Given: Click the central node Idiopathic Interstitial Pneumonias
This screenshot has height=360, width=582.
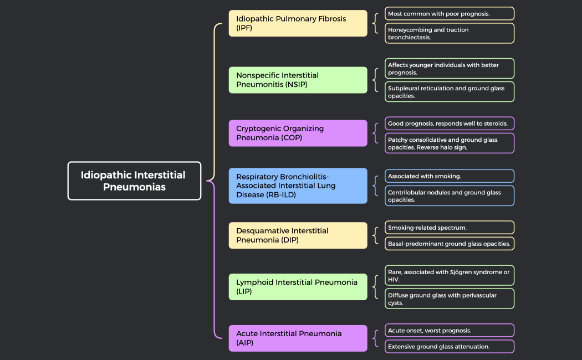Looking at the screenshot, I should [x=134, y=181].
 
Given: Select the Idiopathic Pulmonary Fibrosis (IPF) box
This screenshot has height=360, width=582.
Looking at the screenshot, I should [x=298, y=23].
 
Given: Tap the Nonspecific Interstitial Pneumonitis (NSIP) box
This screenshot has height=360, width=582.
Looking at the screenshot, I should [x=298, y=80].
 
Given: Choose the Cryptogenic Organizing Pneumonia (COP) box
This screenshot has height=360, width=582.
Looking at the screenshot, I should [x=298, y=133].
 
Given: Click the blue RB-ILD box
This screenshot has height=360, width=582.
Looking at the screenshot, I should [x=298, y=186].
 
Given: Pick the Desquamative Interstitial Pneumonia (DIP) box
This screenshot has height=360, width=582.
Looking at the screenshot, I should [x=298, y=235].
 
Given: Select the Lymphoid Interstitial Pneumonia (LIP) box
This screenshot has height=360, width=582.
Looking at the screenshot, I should [x=298, y=287].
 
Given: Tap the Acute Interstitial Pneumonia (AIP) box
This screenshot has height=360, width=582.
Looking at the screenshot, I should [x=298, y=338].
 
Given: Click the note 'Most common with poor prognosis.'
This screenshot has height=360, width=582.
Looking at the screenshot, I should [x=450, y=13].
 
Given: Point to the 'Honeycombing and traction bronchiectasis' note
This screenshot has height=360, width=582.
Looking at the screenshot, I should [x=450, y=33].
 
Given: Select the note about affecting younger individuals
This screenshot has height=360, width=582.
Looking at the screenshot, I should [x=450, y=69].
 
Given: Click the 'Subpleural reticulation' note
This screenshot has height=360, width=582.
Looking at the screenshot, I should [x=450, y=92].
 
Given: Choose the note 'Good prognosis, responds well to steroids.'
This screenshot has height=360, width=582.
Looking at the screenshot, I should [x=450, y=123].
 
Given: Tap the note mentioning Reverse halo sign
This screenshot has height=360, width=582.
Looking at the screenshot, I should [x=450, y=143].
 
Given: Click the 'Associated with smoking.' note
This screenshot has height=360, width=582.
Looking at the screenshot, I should [x=450, y=176].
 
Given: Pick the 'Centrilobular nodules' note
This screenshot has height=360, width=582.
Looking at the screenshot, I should [x=450, y=196].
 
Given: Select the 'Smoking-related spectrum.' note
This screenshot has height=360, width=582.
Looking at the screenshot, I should [x=450, y=228].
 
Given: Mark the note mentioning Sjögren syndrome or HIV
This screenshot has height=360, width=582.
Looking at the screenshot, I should [x=450, y=275].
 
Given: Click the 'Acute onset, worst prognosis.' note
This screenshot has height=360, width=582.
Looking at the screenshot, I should [x=450, y=330].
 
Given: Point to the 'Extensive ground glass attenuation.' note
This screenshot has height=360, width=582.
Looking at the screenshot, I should [x=450, y=347].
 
